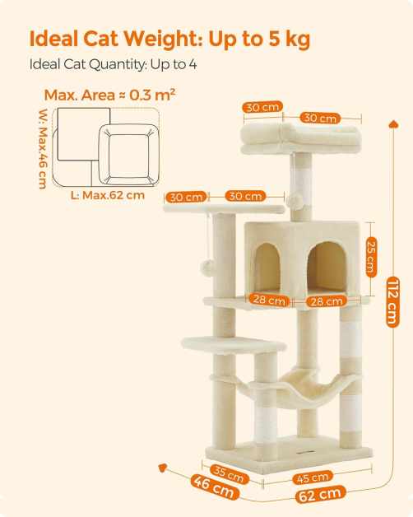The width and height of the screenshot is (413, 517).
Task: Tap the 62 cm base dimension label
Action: tap(320, 494)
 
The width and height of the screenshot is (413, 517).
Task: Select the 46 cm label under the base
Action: tap(215, 487)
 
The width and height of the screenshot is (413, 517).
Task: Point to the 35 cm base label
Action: tap(229, 474)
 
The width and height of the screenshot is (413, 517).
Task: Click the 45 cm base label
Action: tap(312, 477)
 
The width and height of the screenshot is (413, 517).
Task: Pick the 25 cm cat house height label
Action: tap(371, 258)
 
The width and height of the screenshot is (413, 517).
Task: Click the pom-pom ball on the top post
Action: tap(295, 201)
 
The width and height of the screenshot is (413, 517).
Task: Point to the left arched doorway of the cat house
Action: tap(267, 268)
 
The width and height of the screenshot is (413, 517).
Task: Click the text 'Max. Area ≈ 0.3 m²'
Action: tap(109, 95)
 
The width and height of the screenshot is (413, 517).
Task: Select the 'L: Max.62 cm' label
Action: tap(108, 195)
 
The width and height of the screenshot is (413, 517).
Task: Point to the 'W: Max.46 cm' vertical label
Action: tap(43, 149)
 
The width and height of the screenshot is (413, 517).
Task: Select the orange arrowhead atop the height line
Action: tap(394, 124)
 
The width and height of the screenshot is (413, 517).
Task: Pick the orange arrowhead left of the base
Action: tap(162, 468)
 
